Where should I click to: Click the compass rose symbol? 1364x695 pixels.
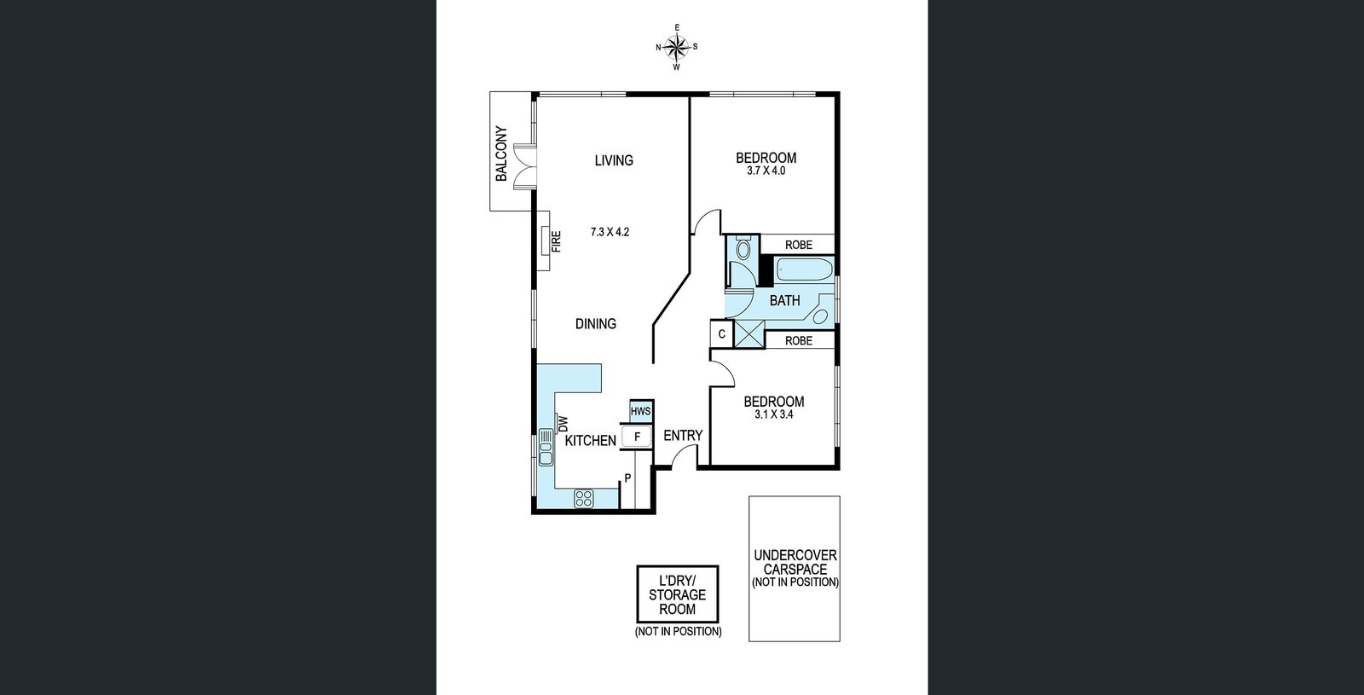677,46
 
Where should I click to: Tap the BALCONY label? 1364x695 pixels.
501,153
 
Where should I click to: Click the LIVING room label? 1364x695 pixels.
614,160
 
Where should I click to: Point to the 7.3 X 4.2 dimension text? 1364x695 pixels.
610,231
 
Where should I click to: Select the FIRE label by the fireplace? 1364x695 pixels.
556,241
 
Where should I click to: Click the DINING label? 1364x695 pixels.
596,323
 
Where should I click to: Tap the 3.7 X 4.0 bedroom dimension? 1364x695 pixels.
766,171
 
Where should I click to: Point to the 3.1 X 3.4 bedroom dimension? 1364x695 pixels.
773,414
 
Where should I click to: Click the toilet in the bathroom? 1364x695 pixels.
743,247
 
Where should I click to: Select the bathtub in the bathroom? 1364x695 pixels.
804,269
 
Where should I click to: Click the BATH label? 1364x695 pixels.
784,300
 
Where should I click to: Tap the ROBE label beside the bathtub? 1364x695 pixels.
798,245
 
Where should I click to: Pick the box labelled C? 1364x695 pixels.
721,333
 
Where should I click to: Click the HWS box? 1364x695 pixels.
640,411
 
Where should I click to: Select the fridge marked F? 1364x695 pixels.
636,437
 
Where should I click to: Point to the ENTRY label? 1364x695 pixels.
683,436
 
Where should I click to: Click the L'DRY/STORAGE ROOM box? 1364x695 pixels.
678,594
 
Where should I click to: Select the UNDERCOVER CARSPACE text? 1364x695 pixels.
795,568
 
